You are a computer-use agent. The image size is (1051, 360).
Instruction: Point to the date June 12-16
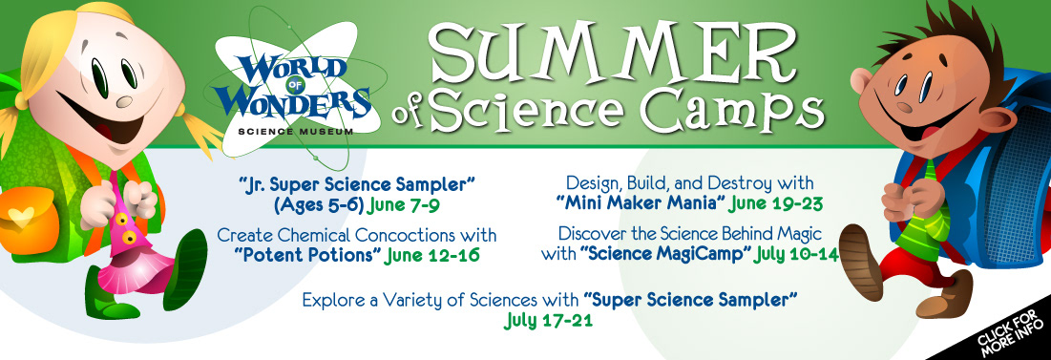432,256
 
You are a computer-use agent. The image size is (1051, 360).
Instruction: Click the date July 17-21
548,321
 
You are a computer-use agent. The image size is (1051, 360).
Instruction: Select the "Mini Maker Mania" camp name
641,202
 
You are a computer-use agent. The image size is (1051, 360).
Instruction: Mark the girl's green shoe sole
184,269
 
